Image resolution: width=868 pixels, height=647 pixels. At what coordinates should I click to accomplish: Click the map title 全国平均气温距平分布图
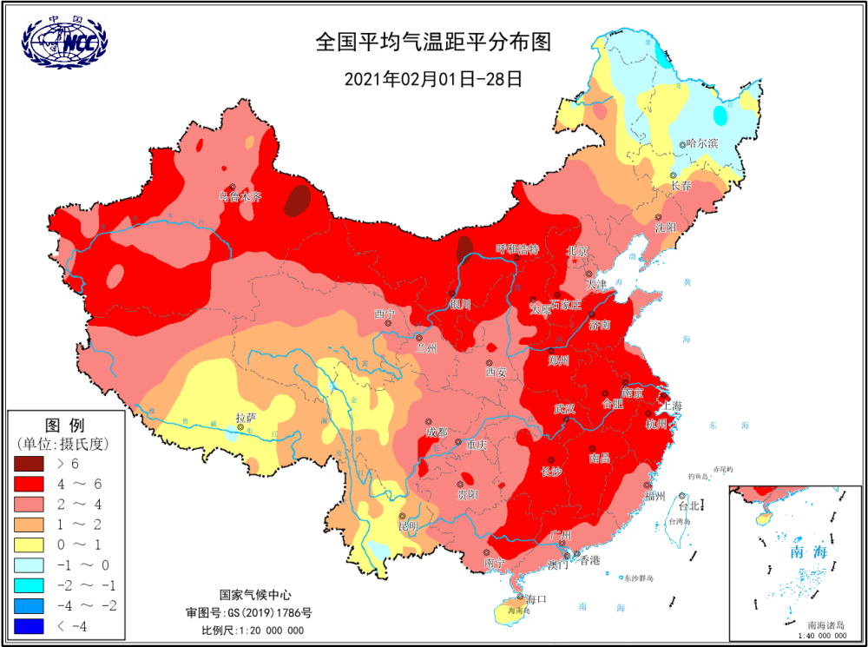[x=433, y=42]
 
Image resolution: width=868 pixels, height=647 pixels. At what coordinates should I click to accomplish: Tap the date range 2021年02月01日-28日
[x=433, y=79]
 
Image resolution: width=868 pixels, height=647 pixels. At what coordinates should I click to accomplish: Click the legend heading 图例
[x=63, y=426]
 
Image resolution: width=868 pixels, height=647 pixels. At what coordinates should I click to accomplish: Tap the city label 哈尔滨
[x=702, y=143]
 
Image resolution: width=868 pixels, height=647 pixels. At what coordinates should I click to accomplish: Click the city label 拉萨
[x=246, y=418]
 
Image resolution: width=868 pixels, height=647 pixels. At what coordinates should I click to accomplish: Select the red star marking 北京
[x=573, y=261]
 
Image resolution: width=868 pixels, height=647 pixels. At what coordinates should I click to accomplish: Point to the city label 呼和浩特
[x=516, y=249]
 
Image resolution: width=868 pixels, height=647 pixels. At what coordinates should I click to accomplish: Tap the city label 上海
[x=670, y=406]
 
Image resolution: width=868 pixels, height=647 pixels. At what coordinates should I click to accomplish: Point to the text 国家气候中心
[x=253, y=596]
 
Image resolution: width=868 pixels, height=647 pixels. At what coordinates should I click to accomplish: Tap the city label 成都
[x=437, y=432]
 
